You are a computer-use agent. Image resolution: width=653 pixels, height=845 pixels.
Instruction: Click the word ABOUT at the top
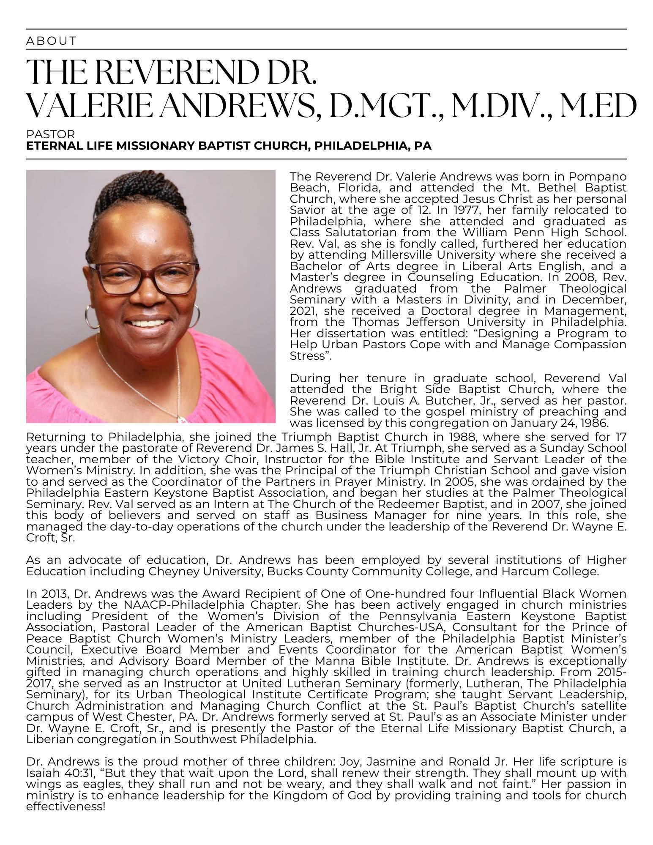point(51,41)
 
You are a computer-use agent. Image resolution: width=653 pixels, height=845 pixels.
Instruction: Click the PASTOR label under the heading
point(50,134)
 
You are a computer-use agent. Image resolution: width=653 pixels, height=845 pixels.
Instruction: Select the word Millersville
point(406,255)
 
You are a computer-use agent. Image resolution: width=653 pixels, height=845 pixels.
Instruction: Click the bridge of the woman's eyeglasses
point(149,271)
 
